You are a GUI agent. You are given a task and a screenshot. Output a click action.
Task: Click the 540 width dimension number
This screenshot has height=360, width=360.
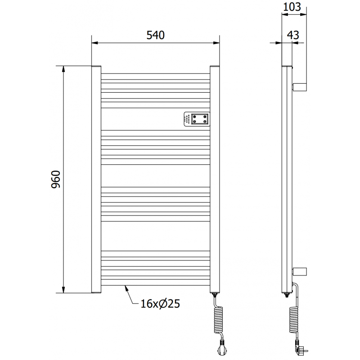(155, 35)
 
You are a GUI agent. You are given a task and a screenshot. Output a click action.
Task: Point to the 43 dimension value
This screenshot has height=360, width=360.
(292, 35)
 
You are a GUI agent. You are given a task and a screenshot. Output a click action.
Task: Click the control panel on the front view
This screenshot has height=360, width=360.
(197, 119)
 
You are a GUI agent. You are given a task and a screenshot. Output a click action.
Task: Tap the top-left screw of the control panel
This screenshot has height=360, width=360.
(194, 116)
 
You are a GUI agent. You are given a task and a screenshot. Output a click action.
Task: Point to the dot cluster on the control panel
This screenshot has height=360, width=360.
(187, 119)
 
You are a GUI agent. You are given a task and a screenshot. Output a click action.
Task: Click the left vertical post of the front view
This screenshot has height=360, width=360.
(96, 179)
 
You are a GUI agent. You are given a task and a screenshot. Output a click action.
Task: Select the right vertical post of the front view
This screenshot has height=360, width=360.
(215, 179)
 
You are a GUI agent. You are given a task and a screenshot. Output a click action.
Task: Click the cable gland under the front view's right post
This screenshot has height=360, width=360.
(215, 296)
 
